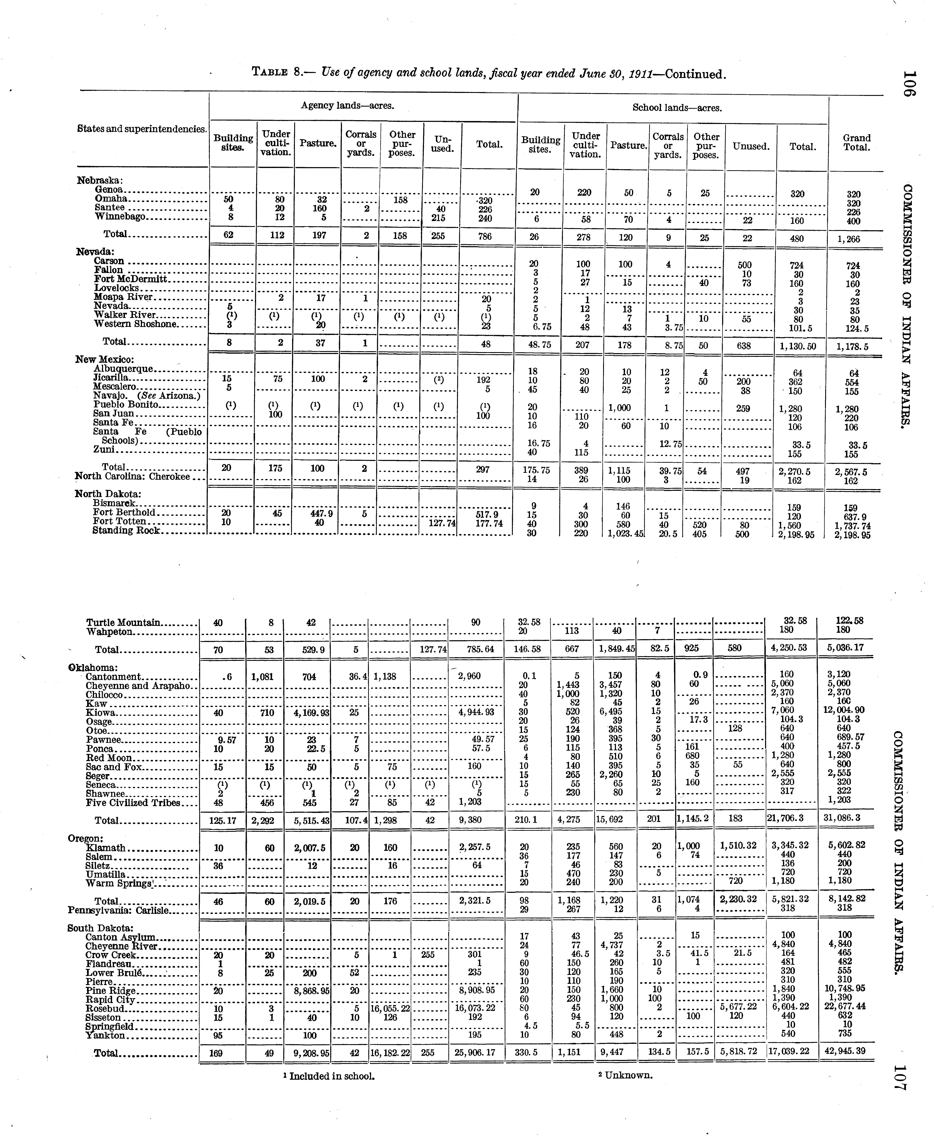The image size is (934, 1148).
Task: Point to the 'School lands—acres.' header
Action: point(677,108)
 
